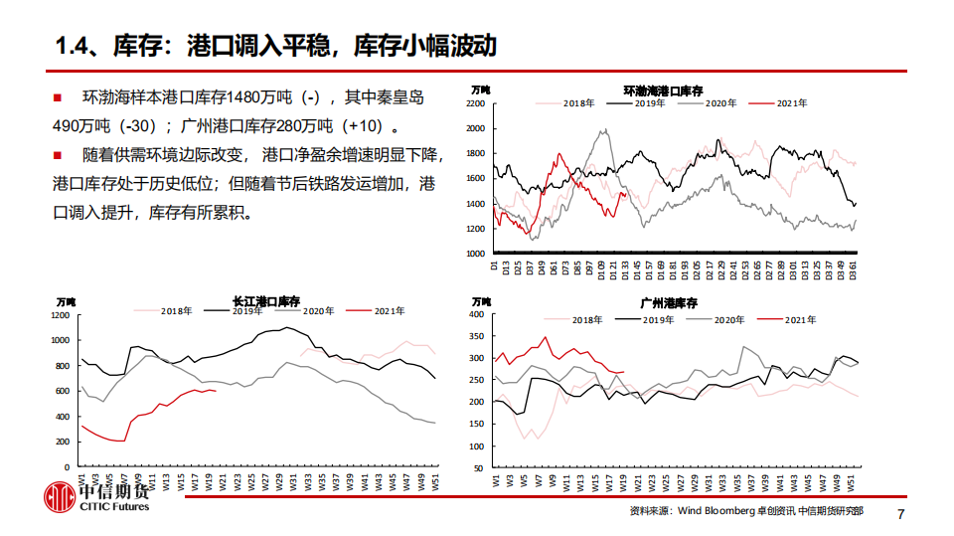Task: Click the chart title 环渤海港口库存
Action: coord(664,90)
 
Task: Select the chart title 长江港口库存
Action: coord(266,301)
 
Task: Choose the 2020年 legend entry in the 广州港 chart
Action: coord(728,320)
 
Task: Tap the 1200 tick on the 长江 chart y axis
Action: coord(60,315)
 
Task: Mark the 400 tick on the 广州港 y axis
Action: coord(476,314)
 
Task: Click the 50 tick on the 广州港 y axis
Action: coord(478,467)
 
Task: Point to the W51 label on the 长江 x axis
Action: coord(434,481)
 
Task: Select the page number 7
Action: coord(901,513)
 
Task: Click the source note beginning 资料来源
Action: coord(745,511)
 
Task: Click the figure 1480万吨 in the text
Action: coord(261,98)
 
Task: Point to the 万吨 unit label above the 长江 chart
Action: coord(66,301)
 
